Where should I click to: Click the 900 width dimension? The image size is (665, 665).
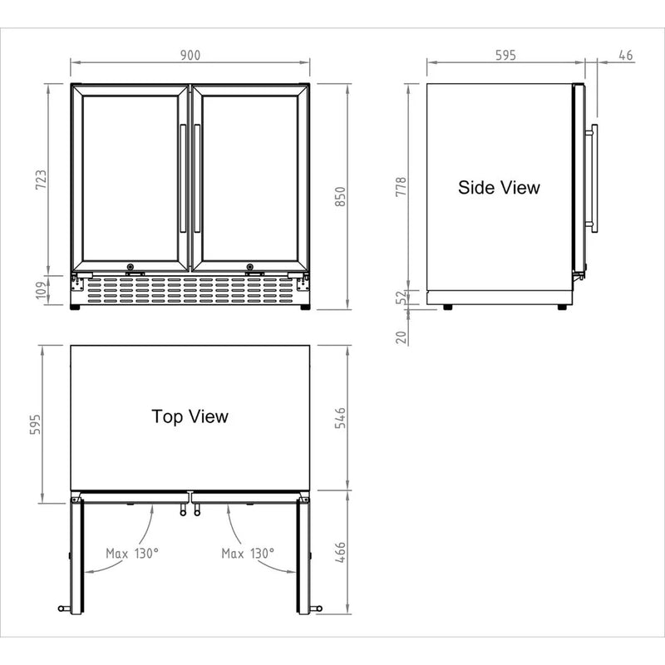tap(190, 56)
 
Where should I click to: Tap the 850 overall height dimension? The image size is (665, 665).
tap(339, 195)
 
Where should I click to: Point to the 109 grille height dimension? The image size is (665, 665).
tap(41, 289)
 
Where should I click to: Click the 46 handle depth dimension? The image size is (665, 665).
tap(626, 56)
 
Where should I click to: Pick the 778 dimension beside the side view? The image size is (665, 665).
tap(401, 186)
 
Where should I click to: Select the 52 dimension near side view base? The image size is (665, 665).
tap(401, 297)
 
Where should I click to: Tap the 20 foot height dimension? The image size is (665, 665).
tap(401, 336)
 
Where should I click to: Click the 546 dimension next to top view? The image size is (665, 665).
tap(339, 417)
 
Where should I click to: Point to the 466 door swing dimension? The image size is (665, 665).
tap(339, 552)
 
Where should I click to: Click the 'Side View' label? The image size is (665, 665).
tap(499, 188)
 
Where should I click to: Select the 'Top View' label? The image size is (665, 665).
tap(190, 416)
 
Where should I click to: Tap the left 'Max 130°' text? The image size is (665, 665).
tap(131, 553)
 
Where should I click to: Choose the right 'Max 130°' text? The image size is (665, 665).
tap(248, 553)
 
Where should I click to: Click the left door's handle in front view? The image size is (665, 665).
tap(182, 179)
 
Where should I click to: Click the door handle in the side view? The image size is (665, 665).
tap(593, 178)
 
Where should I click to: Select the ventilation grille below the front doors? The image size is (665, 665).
tap(190, 289)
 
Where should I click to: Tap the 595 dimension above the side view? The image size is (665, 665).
tap(505, 56)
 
